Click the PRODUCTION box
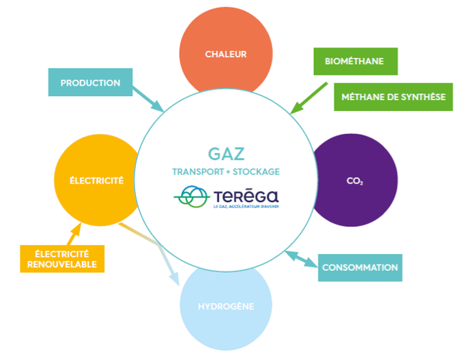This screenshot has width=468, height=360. [x=90, y=83]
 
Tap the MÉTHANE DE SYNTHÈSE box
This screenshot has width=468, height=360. [x=393, y=97]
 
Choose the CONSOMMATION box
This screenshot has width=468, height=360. [x=359, y=267]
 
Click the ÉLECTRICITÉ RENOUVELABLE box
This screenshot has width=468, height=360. [x=62, y=258]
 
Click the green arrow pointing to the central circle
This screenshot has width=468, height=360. [x=309, y=97]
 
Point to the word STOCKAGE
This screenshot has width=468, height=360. [x=257, y=172]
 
